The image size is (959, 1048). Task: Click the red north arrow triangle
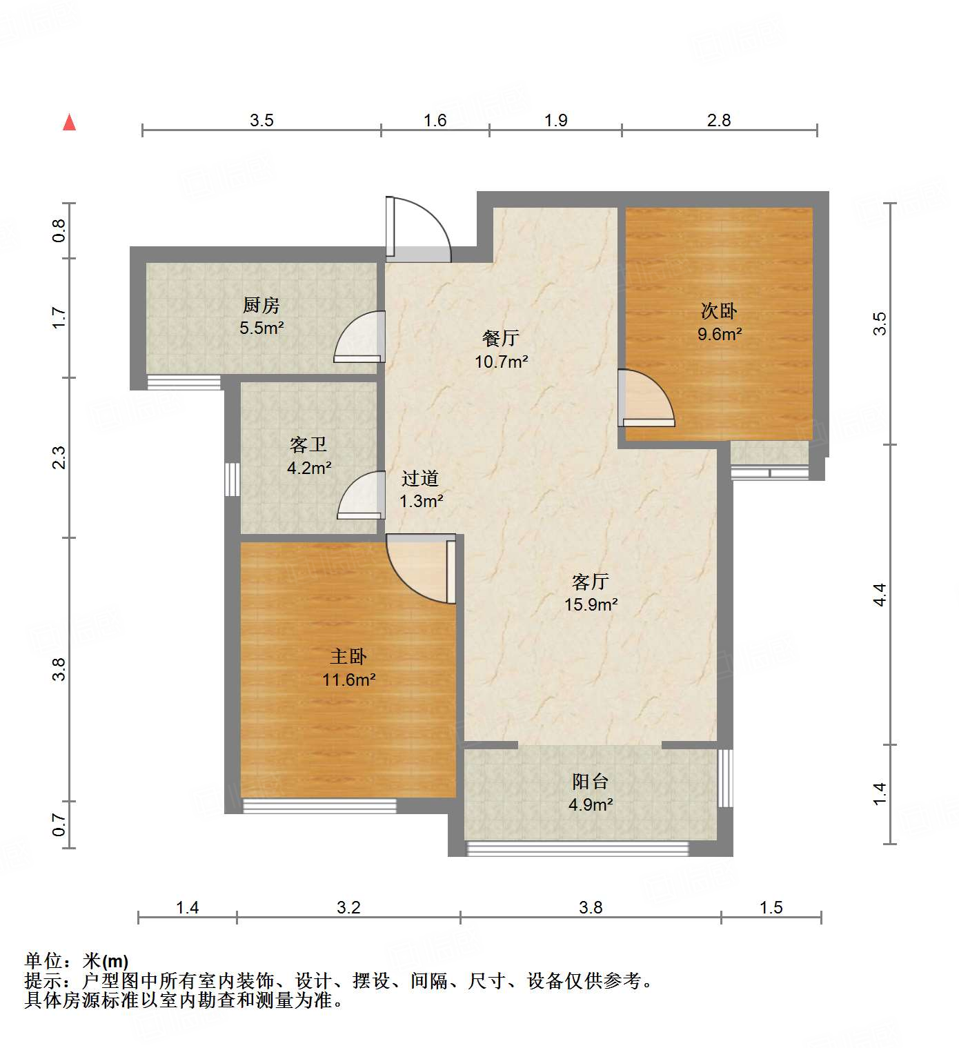(69, 123)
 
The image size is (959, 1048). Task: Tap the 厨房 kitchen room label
(261, 305)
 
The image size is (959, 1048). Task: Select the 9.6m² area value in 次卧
(719, 335)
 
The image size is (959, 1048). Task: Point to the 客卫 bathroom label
(308, 445)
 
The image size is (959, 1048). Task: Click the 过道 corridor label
(420, 478)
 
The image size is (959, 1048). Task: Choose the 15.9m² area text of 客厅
(591, 605)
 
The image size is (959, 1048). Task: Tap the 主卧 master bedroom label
(348, 657)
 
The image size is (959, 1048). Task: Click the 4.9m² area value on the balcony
(591, 804)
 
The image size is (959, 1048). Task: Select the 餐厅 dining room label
(501, 338)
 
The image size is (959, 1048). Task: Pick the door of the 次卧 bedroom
(644, 398)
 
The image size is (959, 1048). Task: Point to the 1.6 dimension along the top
(435, 121)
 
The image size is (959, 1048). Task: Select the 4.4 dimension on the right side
(880, 595)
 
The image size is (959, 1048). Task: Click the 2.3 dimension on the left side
(59, 458)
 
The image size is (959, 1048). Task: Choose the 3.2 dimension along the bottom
(348, 907)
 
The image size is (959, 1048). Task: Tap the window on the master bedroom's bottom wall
(319, 805)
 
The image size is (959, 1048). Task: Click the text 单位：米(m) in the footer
(77, 961)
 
